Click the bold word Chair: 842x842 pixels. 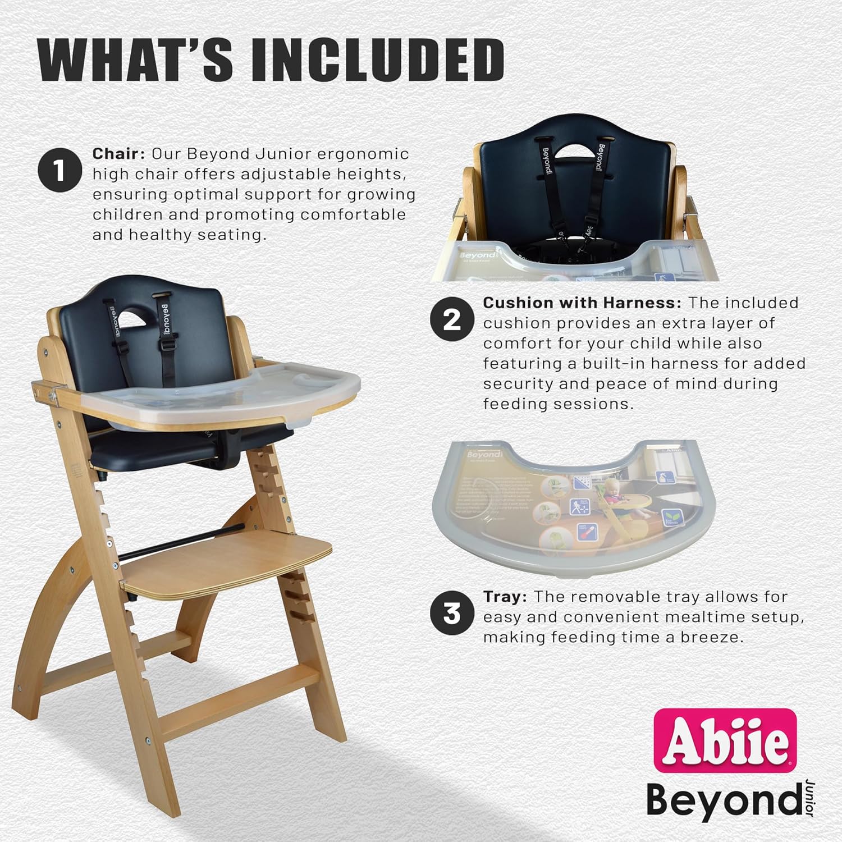click(x=119, y=154)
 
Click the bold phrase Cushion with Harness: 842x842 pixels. click(x=582, y=303)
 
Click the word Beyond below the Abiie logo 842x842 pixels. click(x=723, y=799)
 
